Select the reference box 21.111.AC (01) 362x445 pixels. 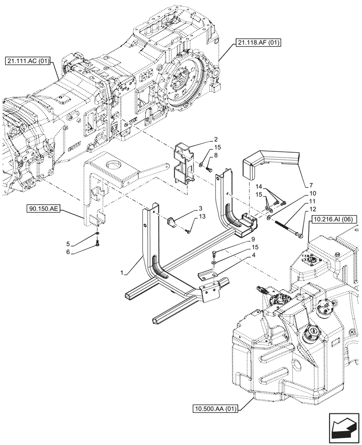29,61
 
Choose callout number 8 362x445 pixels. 215,154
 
